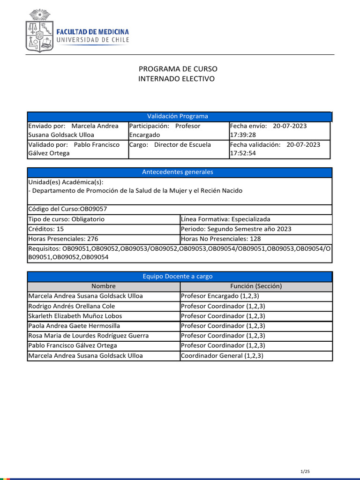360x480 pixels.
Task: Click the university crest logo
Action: tap(38, 31)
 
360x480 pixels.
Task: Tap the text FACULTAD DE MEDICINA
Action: tap(92, 32)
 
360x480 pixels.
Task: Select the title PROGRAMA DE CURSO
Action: tap(178, 69)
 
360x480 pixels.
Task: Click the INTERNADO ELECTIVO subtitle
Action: tap(176, 79)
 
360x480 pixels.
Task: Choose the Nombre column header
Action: tap(104, 286)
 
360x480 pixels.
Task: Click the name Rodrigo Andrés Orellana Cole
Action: tap(72, 306)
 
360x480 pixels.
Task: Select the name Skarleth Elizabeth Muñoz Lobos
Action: tap(75, 316)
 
